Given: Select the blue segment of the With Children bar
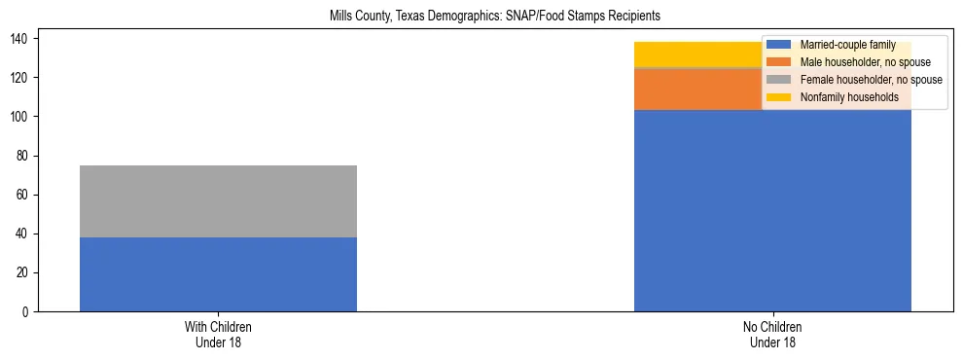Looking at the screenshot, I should [218, 274].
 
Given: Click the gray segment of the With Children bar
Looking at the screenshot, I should [218, 201].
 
